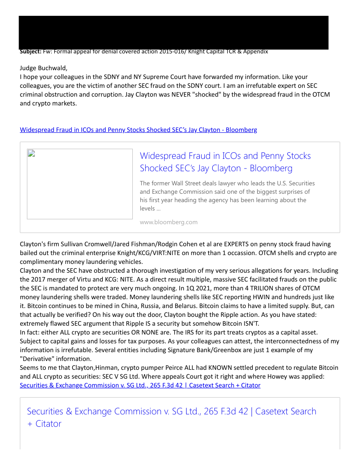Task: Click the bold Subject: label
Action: [30, 52]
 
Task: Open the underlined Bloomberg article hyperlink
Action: [138, 130]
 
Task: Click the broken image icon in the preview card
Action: [31, 153]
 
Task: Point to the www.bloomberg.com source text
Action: [169, 222]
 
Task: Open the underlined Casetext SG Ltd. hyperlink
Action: [140, 385]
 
